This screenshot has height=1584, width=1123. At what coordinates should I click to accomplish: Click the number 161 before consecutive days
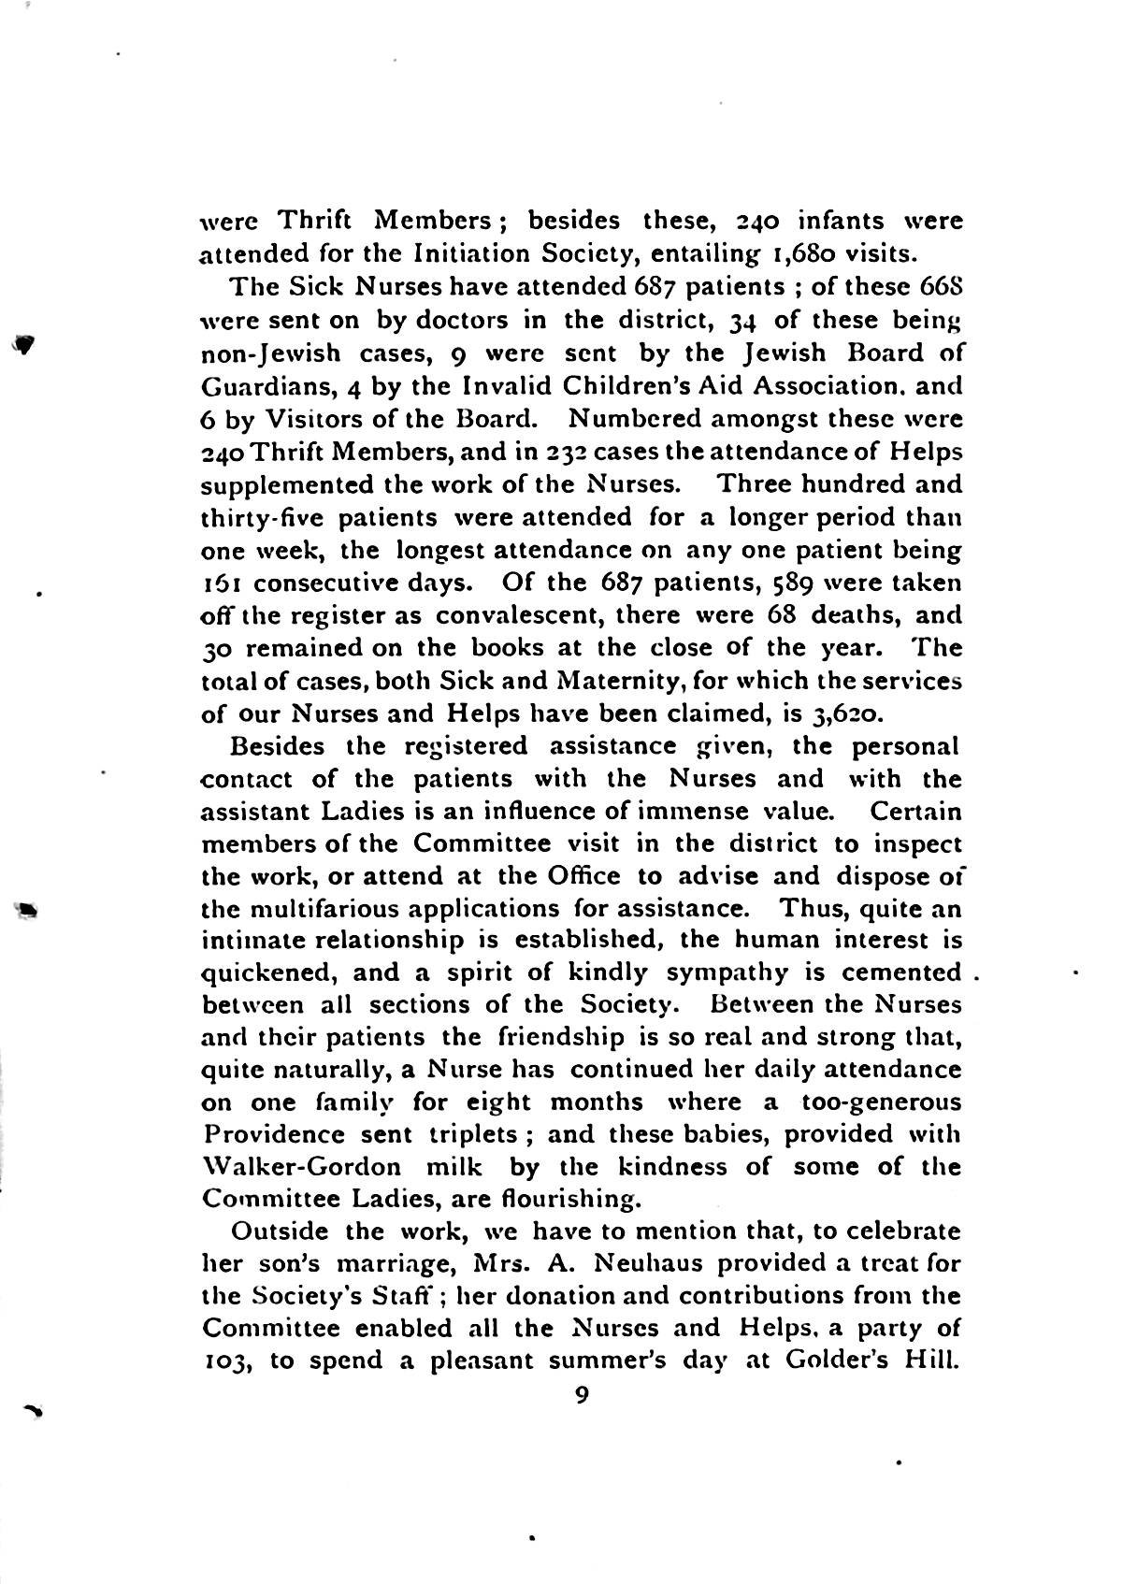point(222,583)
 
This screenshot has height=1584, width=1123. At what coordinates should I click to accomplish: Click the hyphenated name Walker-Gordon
point(301,1167)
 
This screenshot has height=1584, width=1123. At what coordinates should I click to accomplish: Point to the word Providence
point(273,1134)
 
